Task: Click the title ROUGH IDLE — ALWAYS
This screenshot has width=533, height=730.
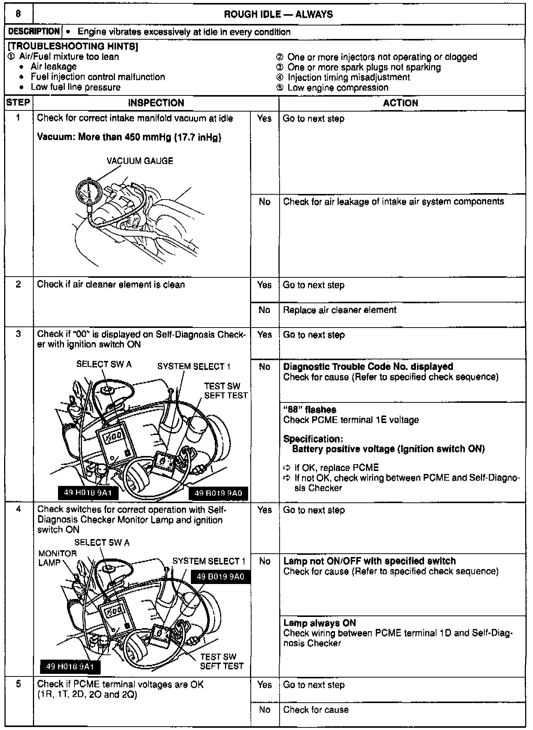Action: click(278, 15)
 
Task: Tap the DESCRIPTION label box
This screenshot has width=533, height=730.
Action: click(34, 32)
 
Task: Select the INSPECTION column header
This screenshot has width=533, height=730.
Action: click(156, 103)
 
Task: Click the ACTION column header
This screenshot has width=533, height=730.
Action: click(400, 103)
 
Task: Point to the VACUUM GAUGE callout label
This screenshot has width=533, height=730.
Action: click(140, 161)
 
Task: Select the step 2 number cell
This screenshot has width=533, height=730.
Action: click(18, 284)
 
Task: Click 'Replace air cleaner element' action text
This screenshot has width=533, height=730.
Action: click(339, 310)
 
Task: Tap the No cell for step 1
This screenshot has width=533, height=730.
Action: click(264, 202)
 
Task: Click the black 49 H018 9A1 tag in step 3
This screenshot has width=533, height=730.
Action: click(88, 493)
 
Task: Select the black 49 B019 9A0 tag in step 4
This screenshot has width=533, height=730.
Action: click(220, 577)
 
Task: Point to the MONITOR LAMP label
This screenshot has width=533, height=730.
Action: click(58, 558)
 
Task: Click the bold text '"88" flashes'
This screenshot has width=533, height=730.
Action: click(310, 410)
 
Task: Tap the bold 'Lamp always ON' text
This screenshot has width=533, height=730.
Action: click(319, 623)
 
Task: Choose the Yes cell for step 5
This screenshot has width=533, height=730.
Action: click(264, 685)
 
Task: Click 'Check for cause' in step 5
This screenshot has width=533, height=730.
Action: click(316, 710)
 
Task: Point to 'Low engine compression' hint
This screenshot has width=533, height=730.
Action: click(338, 88)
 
